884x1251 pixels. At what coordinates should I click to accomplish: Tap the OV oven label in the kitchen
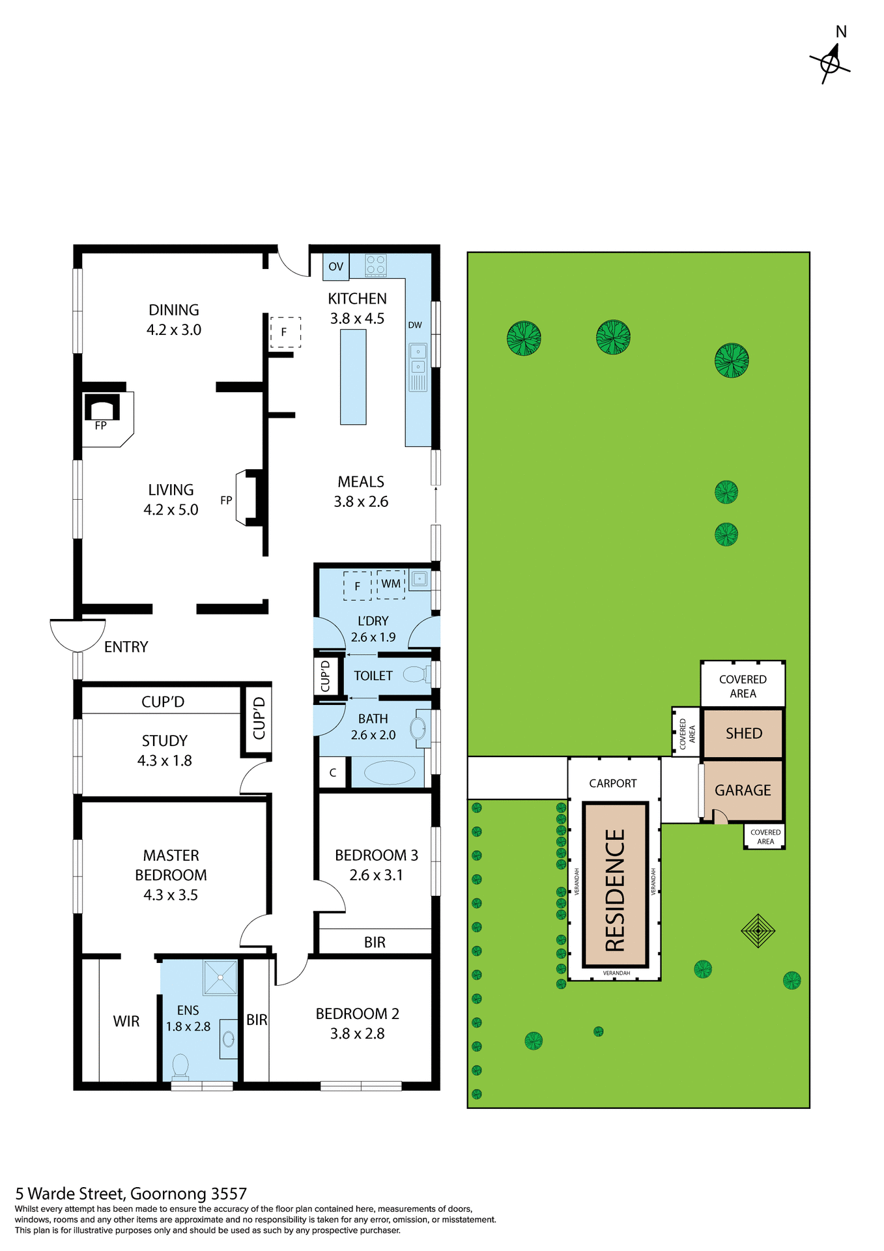(335, 266)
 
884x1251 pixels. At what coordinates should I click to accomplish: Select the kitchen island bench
(353, 377)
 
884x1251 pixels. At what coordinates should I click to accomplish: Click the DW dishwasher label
(415, 325)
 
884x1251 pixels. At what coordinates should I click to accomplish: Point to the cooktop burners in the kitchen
(376, 265)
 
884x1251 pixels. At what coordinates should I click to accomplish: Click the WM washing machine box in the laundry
(391, 584)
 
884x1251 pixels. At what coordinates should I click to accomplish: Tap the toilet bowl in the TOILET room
(414, 674)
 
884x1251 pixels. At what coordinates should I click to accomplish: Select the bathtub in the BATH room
(389, 773)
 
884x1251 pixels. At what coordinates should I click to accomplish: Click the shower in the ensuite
(220, 977)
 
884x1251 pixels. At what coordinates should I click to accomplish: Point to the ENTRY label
(126, 647)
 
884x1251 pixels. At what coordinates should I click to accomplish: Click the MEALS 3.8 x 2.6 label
(361, 492)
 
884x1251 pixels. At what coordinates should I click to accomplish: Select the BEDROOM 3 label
(377, 856)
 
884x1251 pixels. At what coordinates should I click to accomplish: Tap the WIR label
(126, 1021)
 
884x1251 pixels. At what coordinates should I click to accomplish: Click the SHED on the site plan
(743, 734)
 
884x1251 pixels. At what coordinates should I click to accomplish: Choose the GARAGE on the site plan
(743, 790)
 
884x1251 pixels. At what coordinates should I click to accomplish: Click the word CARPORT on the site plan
(613, 783)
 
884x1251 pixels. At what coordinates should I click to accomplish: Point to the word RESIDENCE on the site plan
(615, 890)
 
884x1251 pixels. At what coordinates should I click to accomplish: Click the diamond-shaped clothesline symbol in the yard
(758, 930)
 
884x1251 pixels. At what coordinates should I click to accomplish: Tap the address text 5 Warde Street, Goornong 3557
(131, 1194)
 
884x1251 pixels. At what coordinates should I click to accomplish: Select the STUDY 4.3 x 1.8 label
(165, 751)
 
